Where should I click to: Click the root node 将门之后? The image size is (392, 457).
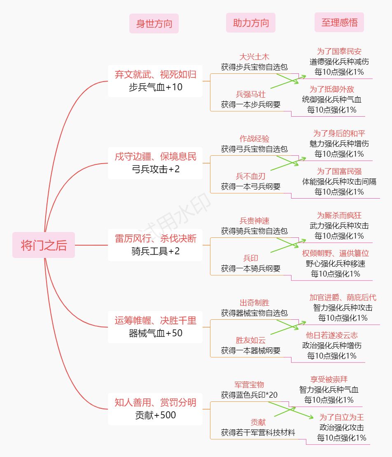tap(44, 245)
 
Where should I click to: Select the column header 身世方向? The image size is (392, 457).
tap(154, 23)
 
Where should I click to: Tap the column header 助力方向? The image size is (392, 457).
tap(250, 23)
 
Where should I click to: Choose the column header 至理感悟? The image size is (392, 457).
tap(339, 22)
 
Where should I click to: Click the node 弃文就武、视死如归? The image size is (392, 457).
tap(155, 75)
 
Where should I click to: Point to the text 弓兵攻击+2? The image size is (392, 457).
tap(155, 169)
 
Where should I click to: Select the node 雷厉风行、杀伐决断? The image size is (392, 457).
tap(155, 239)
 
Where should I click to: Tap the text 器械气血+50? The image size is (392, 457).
tap(155, 333)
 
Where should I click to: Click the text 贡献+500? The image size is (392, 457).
tap(155, 415)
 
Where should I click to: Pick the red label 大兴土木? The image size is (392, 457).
tap(254, 57)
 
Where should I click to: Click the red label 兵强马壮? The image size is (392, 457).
tap(250, 94)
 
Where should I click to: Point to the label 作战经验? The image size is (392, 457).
tap(254, 139)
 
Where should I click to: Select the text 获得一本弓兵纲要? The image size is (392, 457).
tap(250, 187)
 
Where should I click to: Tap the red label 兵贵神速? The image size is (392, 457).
tap(254, 221)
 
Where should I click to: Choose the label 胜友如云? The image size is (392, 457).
tap(250, 340)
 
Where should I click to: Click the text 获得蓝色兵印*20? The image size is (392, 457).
tap(249, 395)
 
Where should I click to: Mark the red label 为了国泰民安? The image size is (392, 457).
tap(339, 52)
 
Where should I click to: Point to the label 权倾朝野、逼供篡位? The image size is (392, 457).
tap(335, 253)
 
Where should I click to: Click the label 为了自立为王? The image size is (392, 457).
tap(341, 417)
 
